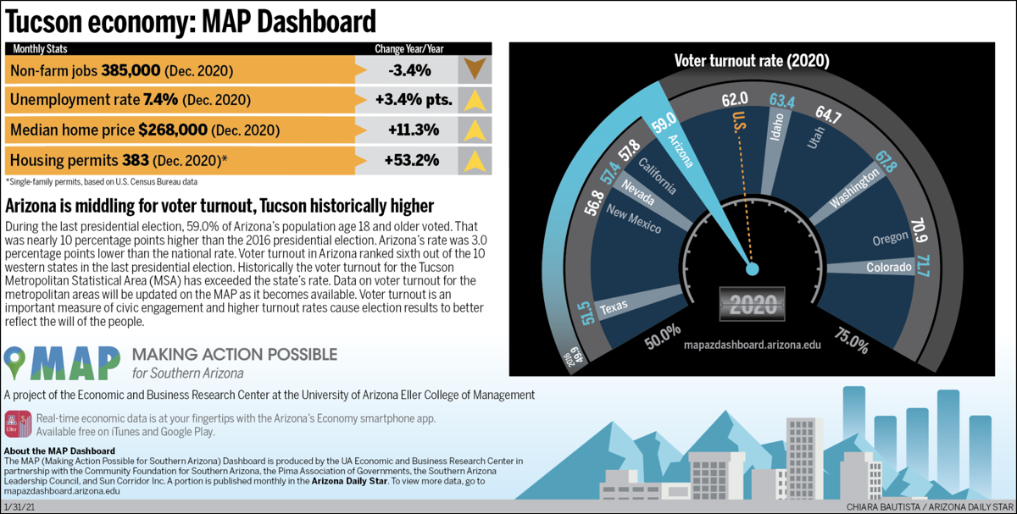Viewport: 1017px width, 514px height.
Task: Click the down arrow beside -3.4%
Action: (x=475, y=69)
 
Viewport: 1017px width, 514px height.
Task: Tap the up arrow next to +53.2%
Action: (x=475, y=160)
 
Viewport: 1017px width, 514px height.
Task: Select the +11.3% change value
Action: (x=413, y=130)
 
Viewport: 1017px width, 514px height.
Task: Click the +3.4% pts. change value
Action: (x=413, y=100)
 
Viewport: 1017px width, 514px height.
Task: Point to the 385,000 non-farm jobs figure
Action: (x=131, y=70)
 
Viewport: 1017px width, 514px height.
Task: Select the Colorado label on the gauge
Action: (x=888, y=268)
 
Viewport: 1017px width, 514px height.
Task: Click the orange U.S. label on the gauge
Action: (x=738, y=123)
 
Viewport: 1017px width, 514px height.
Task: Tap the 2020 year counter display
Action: (x=752, y=304)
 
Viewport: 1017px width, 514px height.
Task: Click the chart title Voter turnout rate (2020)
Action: (x=751, y=61)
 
